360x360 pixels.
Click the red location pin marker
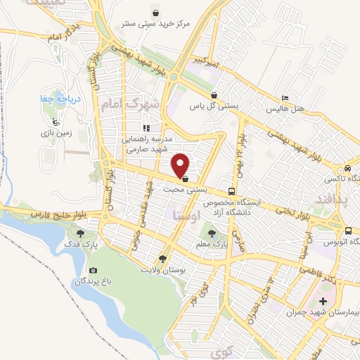181,165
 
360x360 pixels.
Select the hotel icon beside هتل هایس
284,98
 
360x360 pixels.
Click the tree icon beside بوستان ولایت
163,258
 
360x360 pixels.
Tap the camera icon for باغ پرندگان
93,270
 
